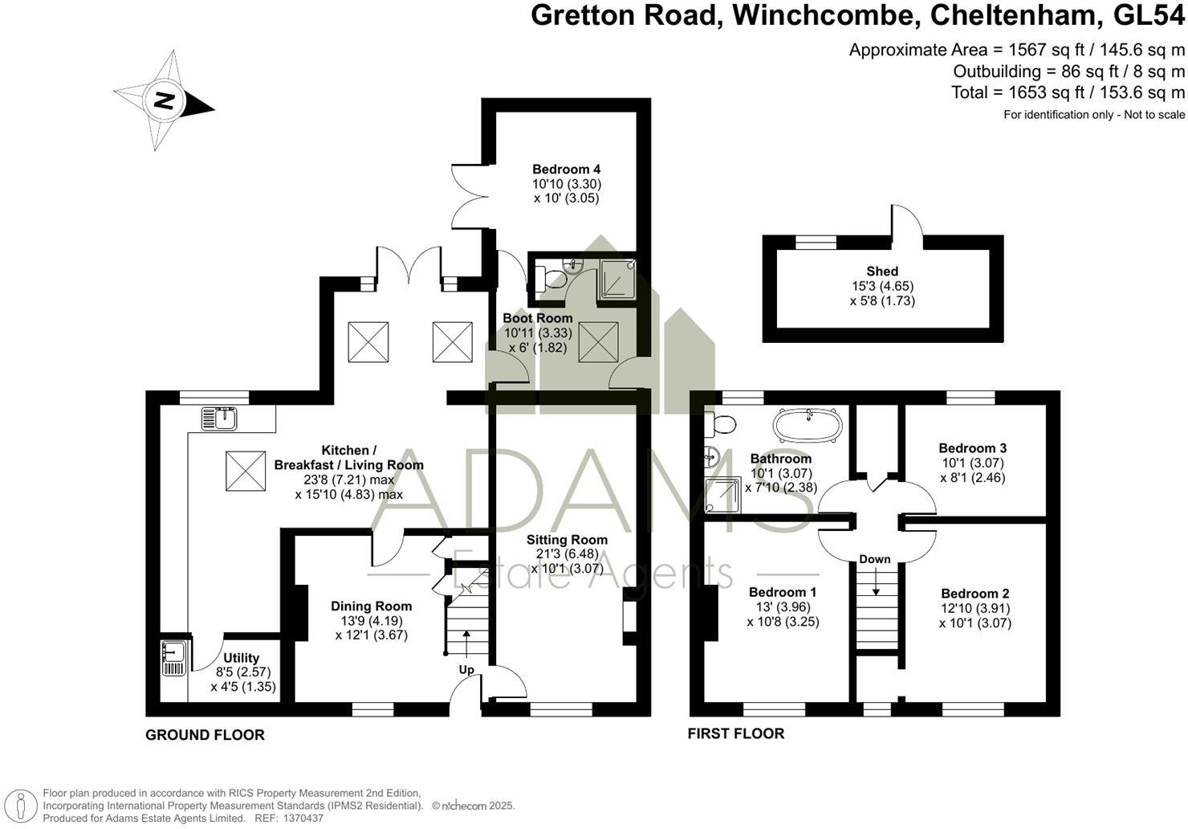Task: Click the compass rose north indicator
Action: [x=164, y=101]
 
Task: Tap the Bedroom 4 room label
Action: [x=566, y=169]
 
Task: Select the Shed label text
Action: [x=882, y=272]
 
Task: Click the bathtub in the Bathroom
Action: [x=808, y=425]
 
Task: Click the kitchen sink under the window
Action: [x=219, y=419]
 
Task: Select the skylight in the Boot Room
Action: [x=598, y=341]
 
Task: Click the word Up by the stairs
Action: [x=466, y=669]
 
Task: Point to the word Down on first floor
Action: [x=875, y=559]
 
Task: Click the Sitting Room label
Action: [x=567, y=540]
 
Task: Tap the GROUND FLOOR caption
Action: [x=205, y=735]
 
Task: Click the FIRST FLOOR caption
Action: [x=735, y=733]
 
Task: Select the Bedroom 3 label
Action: [x=972, y=448]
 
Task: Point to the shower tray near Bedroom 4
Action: [x=617, y=279]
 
